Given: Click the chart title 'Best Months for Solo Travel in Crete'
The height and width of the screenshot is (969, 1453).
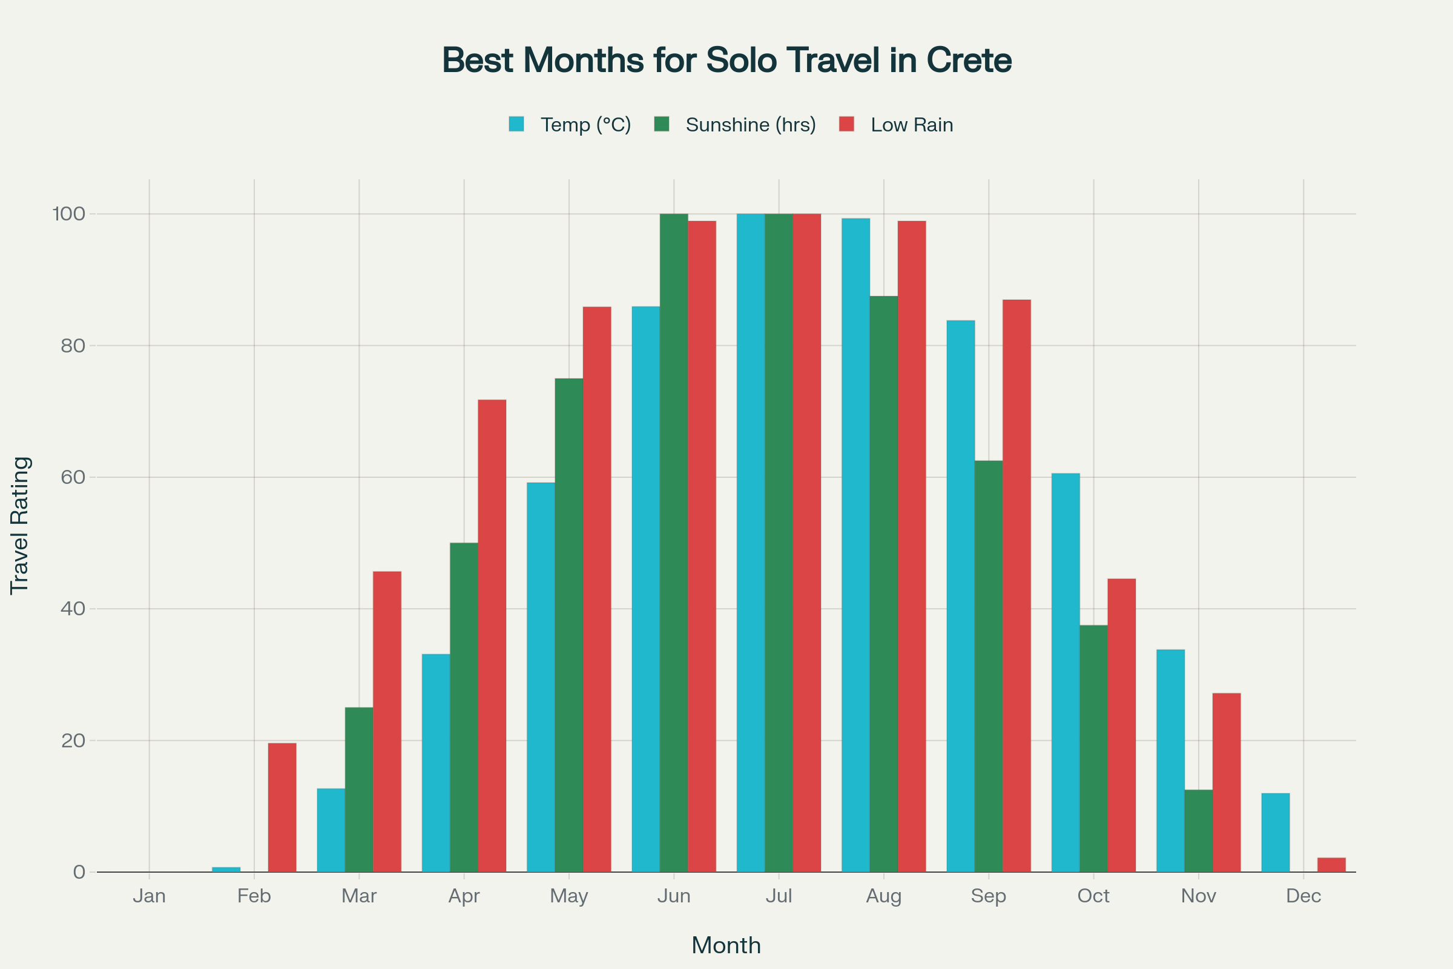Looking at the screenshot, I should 726,61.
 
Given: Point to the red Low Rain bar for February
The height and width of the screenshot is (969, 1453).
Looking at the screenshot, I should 282,807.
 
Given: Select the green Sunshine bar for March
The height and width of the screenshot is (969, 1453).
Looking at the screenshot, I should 359,790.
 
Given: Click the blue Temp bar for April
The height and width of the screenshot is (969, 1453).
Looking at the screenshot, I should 435,763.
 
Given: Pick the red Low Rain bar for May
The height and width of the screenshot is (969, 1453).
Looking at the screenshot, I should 597,589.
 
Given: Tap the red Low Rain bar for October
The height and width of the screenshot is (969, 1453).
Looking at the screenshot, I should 1121,726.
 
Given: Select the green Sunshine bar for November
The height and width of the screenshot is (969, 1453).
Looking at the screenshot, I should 1199,830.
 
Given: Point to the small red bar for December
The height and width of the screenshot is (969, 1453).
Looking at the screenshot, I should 1331,865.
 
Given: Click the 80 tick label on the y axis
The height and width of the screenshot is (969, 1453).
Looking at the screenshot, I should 73,345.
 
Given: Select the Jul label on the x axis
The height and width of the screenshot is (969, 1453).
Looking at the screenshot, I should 779,896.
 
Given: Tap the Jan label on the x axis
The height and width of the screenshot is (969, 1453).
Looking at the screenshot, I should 149,896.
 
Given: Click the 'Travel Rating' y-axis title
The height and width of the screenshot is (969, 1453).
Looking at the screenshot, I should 20,525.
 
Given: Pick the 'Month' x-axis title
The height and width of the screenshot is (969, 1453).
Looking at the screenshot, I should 726,945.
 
